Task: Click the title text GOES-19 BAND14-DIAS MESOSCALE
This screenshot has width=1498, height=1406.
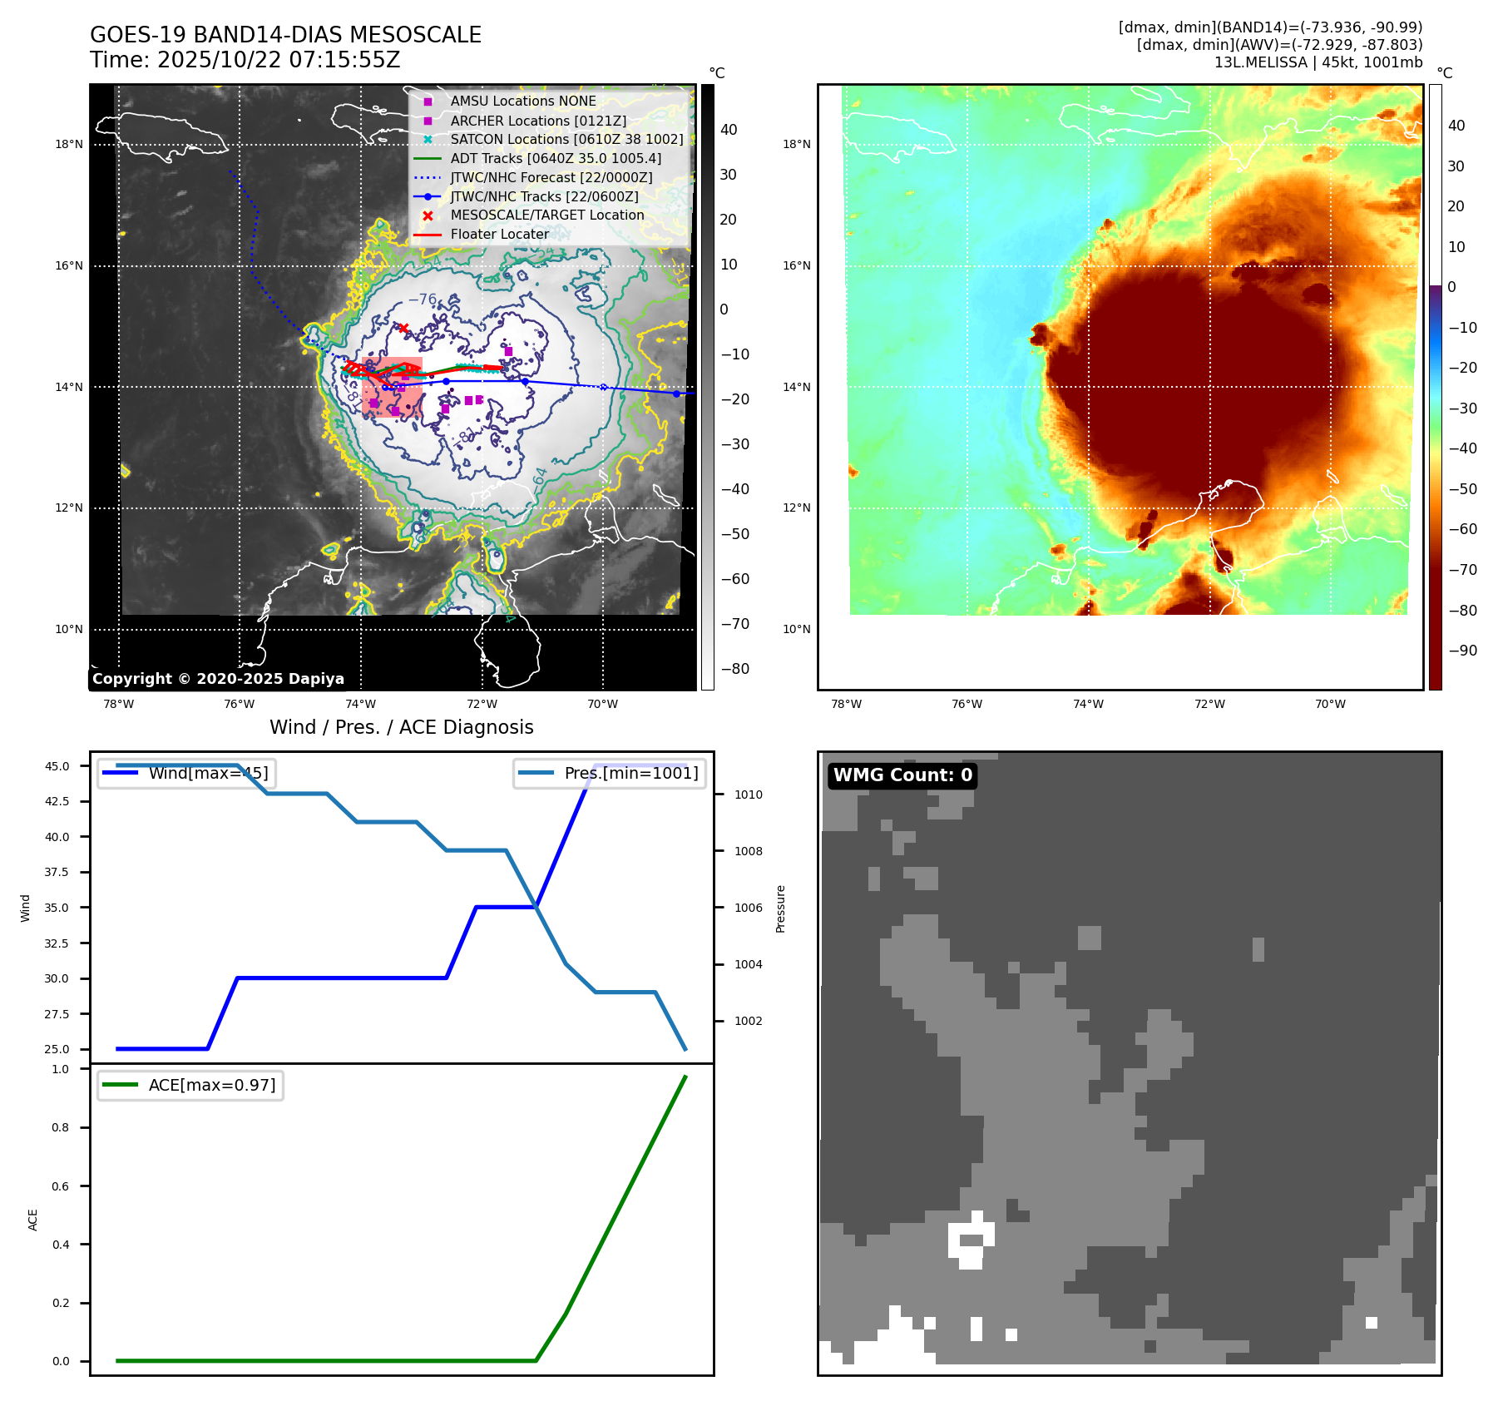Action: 285,35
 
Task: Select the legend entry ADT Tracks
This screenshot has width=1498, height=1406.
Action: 556,158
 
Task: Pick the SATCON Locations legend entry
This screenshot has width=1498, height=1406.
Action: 566,139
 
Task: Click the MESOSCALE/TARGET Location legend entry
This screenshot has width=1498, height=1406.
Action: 546,215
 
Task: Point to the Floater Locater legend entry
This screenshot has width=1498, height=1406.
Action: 499,234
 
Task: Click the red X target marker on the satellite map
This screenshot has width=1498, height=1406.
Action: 403,328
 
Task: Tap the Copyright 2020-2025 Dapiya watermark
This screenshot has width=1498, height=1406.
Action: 218,678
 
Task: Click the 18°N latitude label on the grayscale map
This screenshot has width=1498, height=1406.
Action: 69,144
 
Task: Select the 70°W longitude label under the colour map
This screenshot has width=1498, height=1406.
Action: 1330,704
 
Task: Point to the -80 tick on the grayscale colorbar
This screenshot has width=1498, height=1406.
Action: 735,668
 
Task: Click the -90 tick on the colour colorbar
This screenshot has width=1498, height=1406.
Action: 1462,650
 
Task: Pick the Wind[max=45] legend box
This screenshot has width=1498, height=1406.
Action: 187,773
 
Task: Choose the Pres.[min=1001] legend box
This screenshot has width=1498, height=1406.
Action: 610,773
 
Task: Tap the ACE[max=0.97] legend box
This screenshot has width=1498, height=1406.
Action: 190,1085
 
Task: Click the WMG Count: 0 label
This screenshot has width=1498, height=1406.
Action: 902,775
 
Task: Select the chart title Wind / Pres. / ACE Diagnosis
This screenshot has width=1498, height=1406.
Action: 401,727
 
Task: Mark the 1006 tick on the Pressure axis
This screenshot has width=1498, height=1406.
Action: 748,908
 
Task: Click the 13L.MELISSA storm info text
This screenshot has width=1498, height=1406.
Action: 1318,62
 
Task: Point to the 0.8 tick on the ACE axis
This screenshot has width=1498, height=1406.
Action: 61,1127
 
